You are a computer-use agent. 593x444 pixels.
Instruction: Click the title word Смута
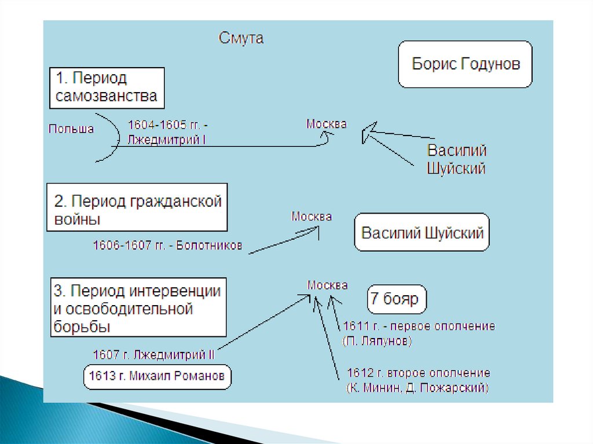tap(241, 38)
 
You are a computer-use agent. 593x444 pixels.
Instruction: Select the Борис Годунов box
tap(465, 64)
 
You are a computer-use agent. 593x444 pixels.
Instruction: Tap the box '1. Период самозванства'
tap(107, 88)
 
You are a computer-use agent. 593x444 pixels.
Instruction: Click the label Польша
tap(71, 129)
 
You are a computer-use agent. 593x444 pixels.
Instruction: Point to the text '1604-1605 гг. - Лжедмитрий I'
tap(168, 132)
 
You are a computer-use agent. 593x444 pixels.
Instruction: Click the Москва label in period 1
tap(327, 124)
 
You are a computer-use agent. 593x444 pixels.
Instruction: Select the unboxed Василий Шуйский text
tap(456, 159)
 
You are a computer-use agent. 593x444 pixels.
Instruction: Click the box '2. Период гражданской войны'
tap(137, 207)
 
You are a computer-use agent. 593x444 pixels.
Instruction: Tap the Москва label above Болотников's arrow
tap(311, 217)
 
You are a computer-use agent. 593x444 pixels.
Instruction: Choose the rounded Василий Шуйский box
tap(422, 232)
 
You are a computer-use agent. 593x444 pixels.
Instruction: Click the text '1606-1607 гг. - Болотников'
tap(167, 245)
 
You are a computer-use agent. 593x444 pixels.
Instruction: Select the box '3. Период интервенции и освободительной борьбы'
tap(138, 307)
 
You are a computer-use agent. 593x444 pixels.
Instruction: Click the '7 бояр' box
tap(397, 299)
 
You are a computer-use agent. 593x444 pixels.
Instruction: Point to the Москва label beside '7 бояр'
tap(328, 285)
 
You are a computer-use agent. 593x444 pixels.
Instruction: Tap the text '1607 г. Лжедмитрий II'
tap(153, 354)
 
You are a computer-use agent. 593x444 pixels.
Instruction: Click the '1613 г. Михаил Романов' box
tap(157, 377)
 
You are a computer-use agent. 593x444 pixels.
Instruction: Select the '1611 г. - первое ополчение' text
tap(419, 326)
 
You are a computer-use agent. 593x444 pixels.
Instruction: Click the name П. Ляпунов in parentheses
tap(377, 341)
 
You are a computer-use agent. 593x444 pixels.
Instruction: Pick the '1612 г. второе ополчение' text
tap(419, 373)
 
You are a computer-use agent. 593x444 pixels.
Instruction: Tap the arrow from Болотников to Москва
tap(284, 240)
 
